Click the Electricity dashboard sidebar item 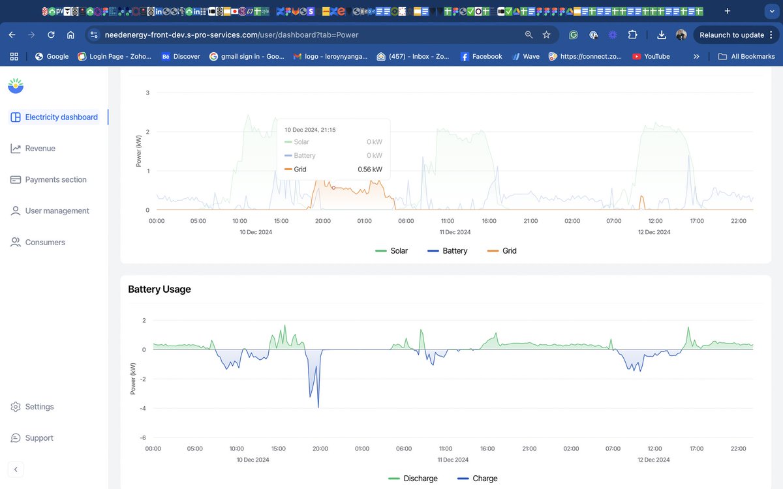[61, 117]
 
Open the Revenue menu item [40, 149]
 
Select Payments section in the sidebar [55, 180]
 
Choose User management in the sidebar [57, 211]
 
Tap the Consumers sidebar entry [44, 243]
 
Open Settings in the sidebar [39, 407]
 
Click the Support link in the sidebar [38, 438]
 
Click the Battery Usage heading [159, 289]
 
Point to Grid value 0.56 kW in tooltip [369, 170]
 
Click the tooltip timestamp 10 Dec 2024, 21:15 [310, 130]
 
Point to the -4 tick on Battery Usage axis [143, 409]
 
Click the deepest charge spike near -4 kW [318, 406]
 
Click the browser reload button [51, 35]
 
